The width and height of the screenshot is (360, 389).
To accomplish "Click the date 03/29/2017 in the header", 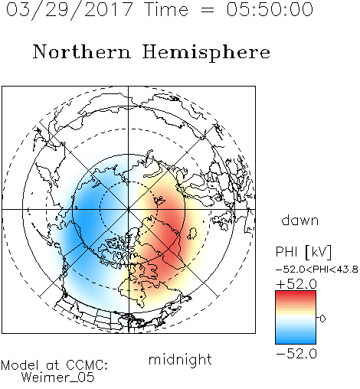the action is [x=70, y=10].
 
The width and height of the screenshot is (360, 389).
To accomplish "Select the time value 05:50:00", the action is [x=270, y=10].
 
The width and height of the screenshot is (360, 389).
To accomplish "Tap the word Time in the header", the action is [x=166, y=10].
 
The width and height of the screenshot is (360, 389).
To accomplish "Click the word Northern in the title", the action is [x=82, y=51].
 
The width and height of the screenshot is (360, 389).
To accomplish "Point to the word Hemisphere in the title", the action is [x=206, y=53].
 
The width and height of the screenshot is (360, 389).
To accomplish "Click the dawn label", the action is [x=300, y=220].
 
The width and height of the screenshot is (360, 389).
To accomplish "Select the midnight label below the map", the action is [x=180, y=360].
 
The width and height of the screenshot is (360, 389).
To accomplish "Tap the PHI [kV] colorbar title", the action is [x=303, y=252].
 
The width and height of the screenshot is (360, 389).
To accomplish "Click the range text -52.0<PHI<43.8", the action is [x=317, y=270].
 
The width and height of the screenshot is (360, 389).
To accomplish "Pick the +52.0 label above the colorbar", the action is [x=296, y=284].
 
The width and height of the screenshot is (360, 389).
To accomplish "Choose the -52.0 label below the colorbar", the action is [x=296, y=354].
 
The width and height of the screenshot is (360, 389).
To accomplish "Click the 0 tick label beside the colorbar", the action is [x=322, y=319].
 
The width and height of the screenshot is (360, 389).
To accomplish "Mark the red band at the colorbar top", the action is [x=296, y=294].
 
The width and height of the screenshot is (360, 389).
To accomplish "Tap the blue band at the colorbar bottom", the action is [x=296, y=340].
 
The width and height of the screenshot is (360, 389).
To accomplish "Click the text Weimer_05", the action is [x=58, y=377].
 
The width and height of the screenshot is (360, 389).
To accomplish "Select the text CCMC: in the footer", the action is [x=87, y=365].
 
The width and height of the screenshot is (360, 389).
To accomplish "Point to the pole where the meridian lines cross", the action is [x=129, y=209].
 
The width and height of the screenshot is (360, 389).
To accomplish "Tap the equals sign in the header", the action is [x=207, y=10].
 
